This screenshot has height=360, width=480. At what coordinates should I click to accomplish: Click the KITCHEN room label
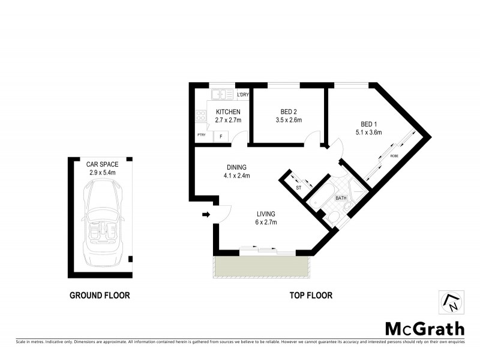click(228, 112)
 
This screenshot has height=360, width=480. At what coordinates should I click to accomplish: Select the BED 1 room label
click(368, 124)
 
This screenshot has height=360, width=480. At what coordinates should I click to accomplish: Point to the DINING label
click(236, 167)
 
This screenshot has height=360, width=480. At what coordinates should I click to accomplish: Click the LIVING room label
click(265, 214)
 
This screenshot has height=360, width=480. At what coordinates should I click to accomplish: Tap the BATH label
click(341, 198)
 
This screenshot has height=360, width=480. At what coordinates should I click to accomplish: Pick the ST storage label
click(298, 188)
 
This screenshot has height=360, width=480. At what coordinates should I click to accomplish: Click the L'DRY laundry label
click(242, 95)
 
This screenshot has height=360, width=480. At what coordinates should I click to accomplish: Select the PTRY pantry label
click(201, 135)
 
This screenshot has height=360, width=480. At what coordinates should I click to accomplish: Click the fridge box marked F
click(221, 137)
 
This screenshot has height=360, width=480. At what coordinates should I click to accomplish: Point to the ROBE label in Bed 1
click(394, 155)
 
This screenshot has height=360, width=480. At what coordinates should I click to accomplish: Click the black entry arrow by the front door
click(206, 214)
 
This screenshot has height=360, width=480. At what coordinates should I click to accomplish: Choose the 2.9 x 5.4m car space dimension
click(101, 172)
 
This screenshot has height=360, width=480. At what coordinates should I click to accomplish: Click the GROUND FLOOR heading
click(100, 295)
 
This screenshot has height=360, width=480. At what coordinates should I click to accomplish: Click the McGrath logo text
click(424, 329)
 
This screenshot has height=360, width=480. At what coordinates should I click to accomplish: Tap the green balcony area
click(260, 267)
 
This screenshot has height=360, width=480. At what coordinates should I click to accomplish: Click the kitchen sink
click(224, 94)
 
